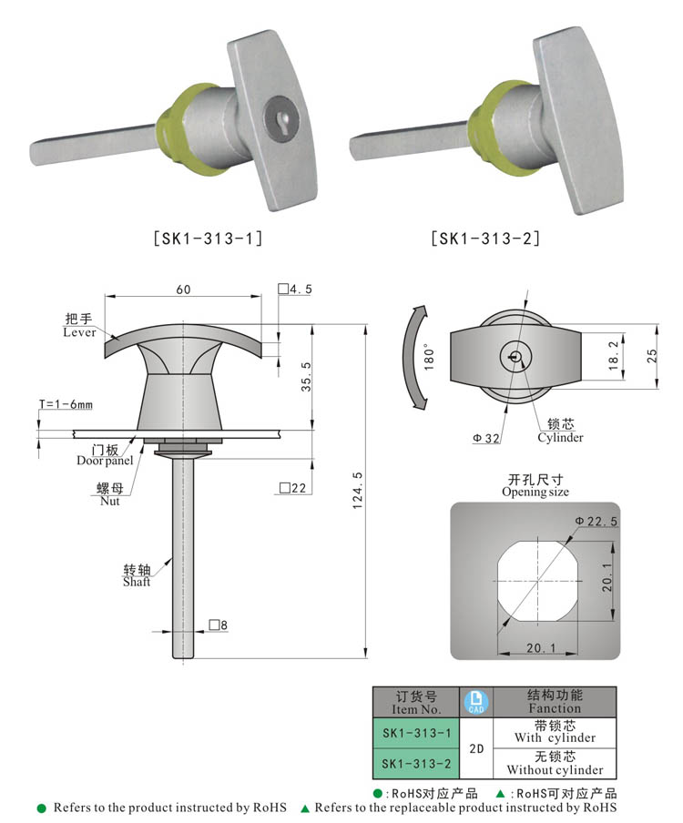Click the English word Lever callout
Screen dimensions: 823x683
pos(80,333)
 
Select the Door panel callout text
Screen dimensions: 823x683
pos(105,461)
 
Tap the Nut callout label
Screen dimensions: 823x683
pos(110,501)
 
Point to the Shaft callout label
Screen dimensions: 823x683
pos(137,582)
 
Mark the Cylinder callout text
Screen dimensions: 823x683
pos(559,437)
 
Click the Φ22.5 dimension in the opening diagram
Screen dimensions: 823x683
pos(596,521)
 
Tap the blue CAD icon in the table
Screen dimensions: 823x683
pos(475,702)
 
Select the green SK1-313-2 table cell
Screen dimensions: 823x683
pos(416,763)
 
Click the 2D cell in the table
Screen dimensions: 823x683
pos(475,748)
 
